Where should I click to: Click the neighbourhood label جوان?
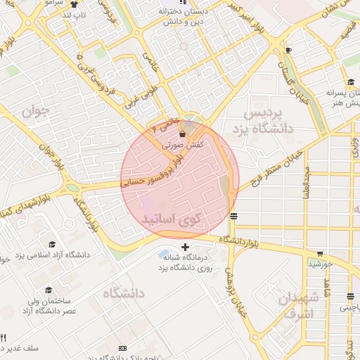(35, 111)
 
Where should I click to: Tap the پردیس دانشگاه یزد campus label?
(267, 121)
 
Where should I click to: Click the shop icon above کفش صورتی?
(183, 133)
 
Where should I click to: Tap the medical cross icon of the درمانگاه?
(185, 247)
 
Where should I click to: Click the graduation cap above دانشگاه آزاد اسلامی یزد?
(52, 243)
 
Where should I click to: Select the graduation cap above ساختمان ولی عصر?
(49, 290)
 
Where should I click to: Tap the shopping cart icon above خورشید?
(320, 254)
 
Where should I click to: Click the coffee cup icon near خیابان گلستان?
(288, 51)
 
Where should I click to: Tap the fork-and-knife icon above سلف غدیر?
(4, 338)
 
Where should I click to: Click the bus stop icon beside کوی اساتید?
(234, 217)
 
